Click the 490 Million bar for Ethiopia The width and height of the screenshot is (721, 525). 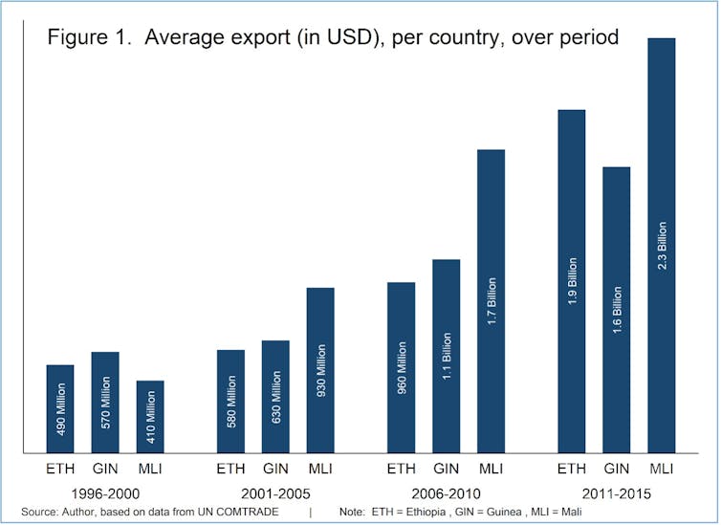60,408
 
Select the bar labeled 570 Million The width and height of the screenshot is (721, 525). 105,402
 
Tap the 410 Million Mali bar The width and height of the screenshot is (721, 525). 150,416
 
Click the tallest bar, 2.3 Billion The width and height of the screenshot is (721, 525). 661,245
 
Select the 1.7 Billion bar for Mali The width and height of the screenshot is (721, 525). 491,300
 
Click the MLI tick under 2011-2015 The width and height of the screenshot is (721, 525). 661,469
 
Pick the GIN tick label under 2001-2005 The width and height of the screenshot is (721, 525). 275,469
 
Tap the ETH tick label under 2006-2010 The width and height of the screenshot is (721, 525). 401,469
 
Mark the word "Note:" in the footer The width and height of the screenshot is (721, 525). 354,514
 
